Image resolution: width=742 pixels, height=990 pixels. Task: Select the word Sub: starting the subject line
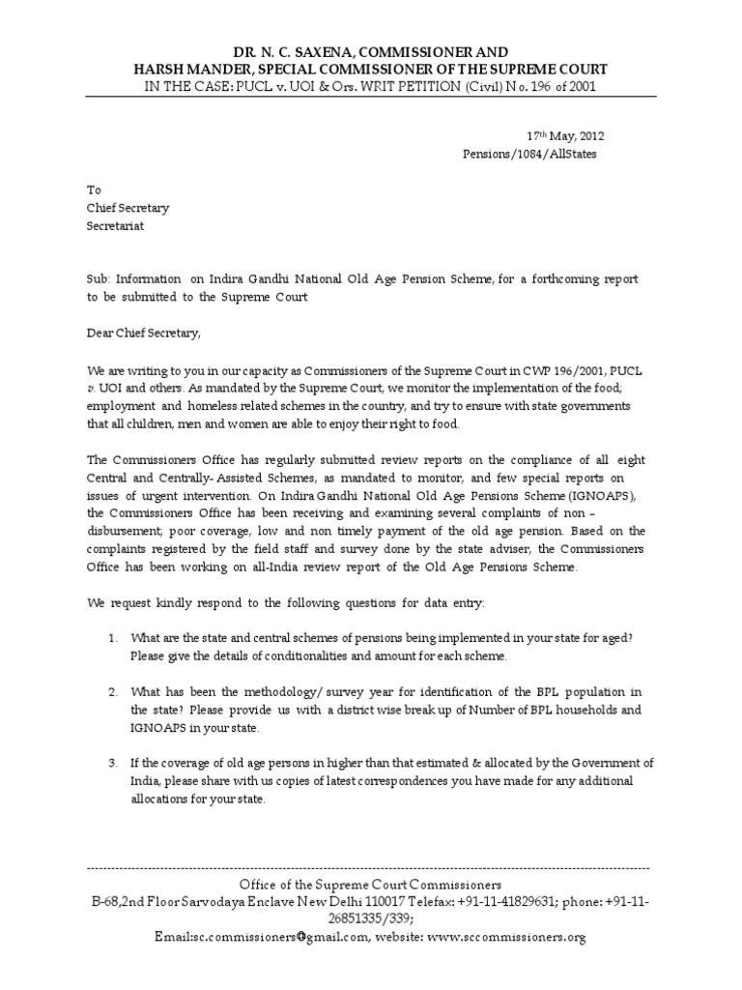(x=99, y=279)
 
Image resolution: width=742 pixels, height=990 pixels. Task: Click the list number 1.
(x=112, y=639)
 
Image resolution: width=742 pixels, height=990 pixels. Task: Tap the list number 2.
(x=112, y=693)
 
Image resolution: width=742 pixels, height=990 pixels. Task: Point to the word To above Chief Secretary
(x=94, y=190)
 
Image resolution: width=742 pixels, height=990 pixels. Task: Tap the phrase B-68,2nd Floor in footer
(x=134, y=902)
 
